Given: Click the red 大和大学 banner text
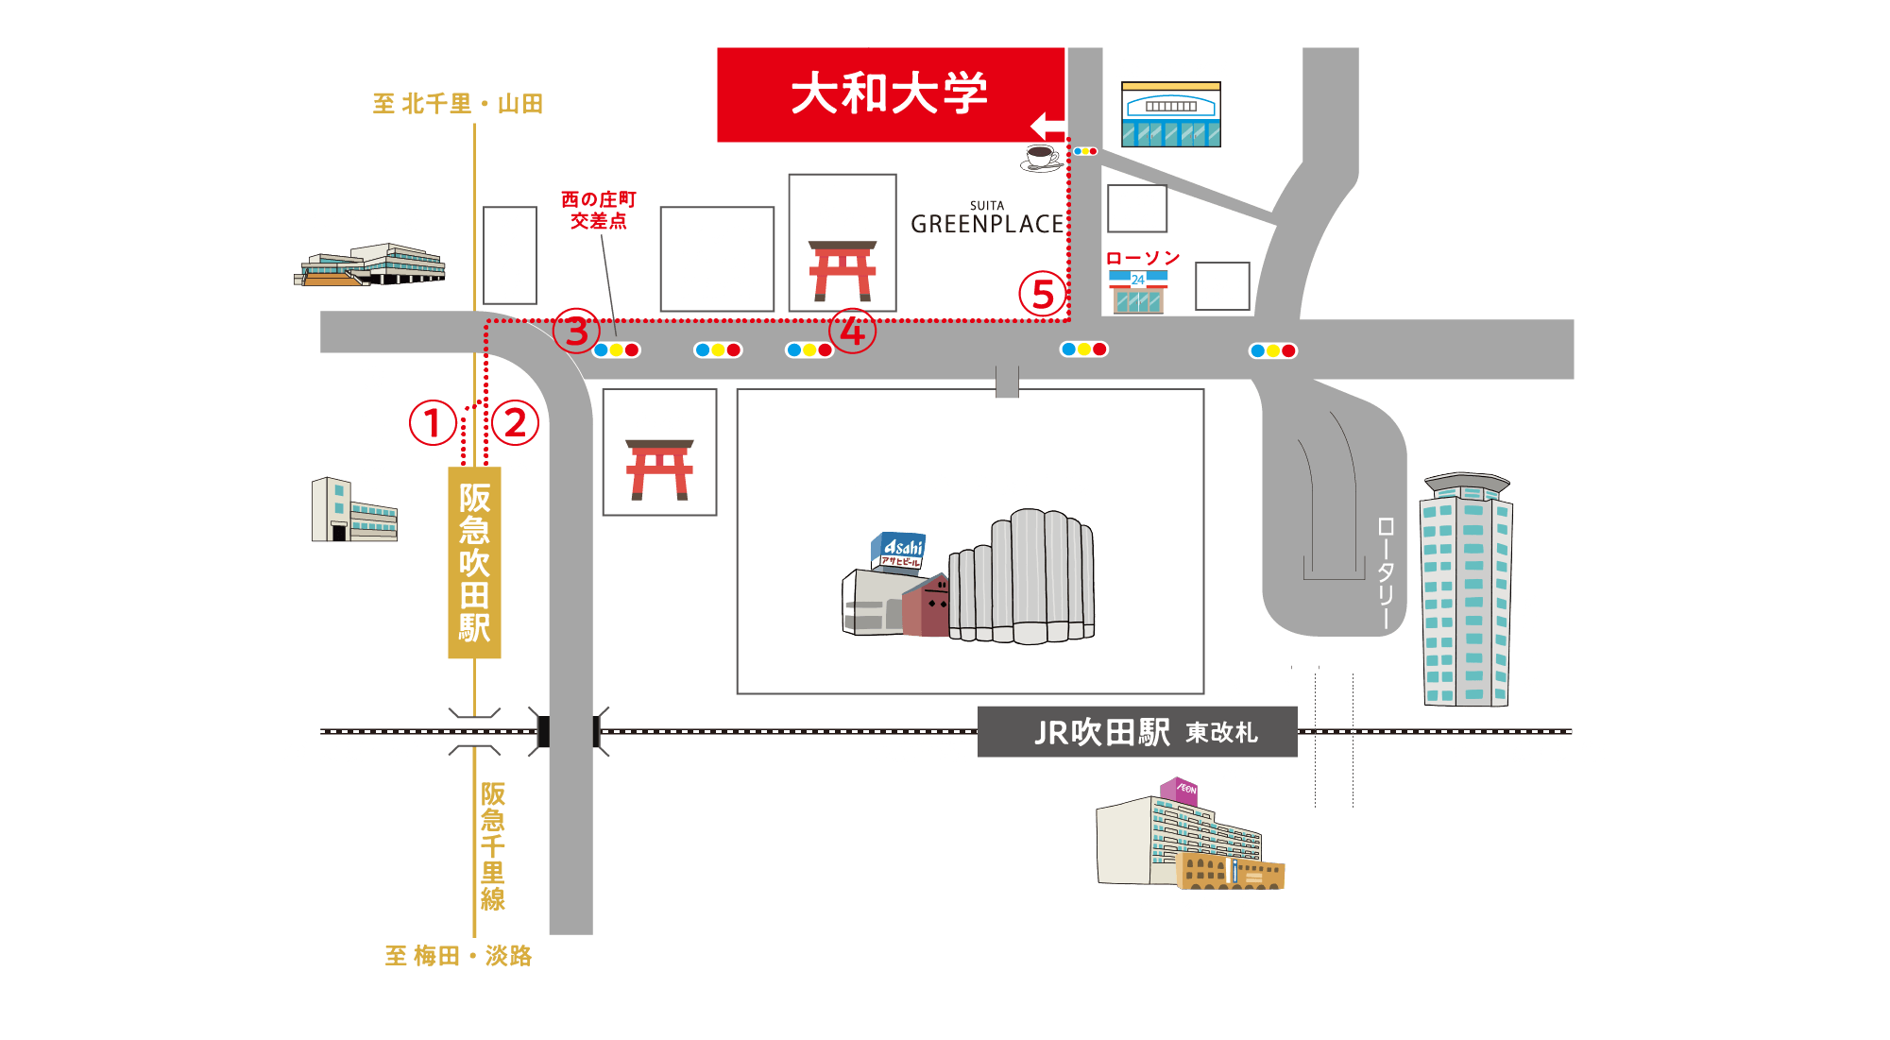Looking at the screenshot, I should click(889, 94).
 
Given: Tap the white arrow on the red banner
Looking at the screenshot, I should click(1047, 126).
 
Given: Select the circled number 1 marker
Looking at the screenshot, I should click(433, 422).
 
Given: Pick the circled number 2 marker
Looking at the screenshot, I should click(515, 422).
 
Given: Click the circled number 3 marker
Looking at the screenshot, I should click(576, 331).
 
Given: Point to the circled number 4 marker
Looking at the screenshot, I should click(852, 331).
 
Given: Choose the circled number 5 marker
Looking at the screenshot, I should click(1042, 294).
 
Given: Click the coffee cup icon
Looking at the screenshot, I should click(1041, 158).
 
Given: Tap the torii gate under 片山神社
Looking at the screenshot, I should click(843, 271).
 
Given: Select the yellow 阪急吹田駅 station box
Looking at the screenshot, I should click(474, 562).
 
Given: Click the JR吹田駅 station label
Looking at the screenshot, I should click(1101, 732).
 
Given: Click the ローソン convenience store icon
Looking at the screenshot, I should click(1138, 291).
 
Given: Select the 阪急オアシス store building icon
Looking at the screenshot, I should click(1170, 114).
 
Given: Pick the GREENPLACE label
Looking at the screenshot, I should click(987, 223).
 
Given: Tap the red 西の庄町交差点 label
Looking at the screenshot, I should click(598, 210).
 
